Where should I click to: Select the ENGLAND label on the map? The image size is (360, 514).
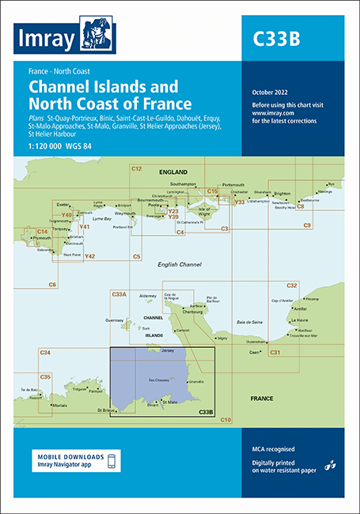coord(172,172)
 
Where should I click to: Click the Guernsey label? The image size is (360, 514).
coord(115,320)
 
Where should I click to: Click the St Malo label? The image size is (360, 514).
coord(169,403)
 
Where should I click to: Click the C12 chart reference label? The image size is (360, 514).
coord(136,169)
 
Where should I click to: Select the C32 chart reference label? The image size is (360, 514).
coord(292,285)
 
